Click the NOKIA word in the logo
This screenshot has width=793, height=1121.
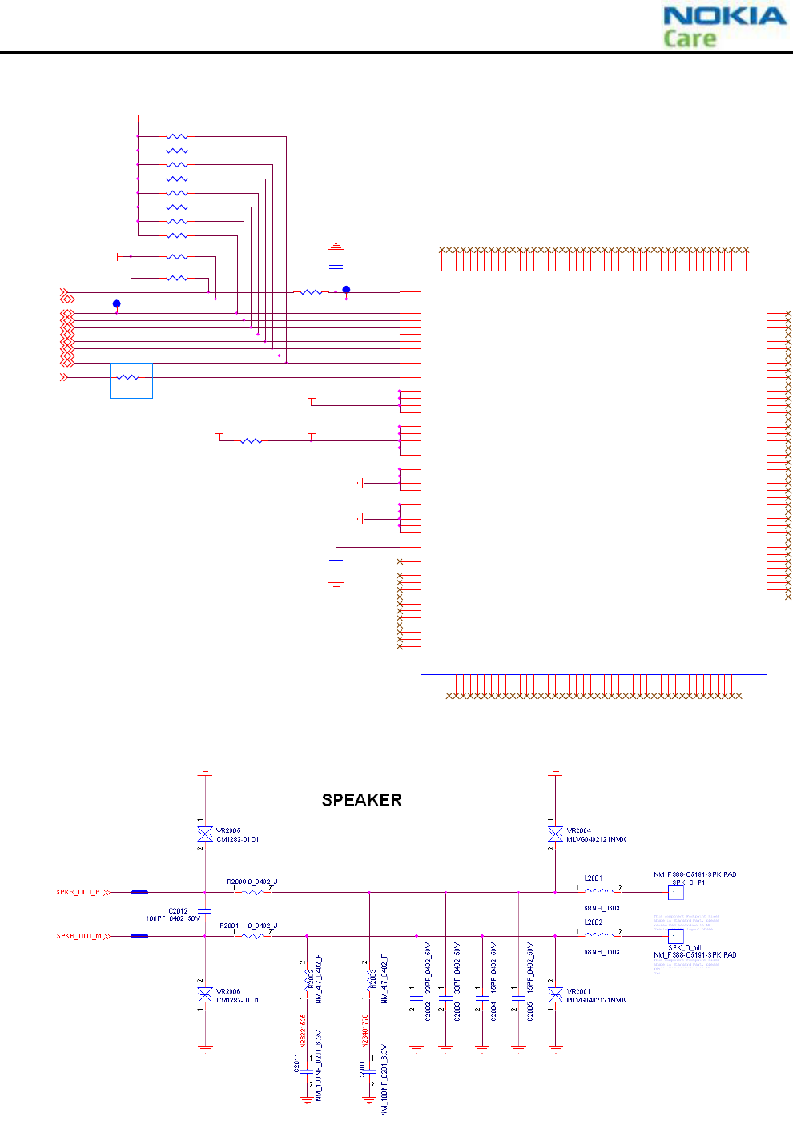click(724, 16)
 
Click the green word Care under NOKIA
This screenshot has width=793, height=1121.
click(689, 38)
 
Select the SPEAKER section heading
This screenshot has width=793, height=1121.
click(361, 800)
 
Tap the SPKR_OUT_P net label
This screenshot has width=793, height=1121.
click(78, 892)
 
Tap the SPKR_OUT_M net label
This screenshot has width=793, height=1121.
click(78, 936)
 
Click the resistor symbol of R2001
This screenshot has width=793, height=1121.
click(252, 935)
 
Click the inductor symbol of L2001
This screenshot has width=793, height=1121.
click(598, 890)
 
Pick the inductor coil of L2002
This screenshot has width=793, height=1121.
click(598, 934)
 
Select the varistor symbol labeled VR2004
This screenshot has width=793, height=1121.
click(555, 835)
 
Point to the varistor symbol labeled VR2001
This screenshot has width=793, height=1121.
click(555, 995)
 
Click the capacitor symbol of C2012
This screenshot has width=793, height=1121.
click(205, 911)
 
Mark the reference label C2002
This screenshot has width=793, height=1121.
click(429, 1012)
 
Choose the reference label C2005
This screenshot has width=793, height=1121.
click(530, 1012)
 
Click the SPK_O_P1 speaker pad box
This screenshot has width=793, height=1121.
click(676, 893)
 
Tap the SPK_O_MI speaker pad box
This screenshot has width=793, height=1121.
click(676, 936)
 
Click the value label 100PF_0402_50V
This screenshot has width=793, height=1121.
click(173, 918)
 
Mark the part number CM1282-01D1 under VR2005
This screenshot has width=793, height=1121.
click(237, 839)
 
